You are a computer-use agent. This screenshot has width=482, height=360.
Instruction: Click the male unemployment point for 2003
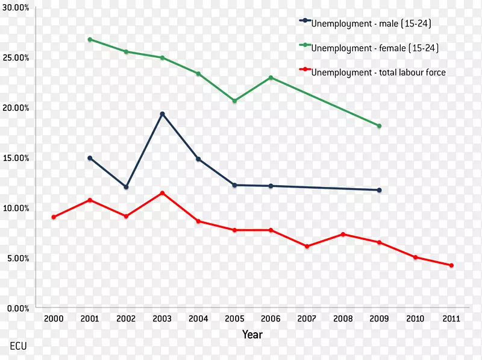(162, 114)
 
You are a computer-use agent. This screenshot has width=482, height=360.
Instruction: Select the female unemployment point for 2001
(90, 39)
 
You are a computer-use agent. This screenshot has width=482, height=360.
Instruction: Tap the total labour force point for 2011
(451, 265)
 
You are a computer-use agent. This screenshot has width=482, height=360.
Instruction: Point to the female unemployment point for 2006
(271, 78)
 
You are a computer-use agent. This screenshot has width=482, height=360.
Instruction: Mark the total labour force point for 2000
(54, 217)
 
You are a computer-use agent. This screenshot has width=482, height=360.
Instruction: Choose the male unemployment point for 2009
(379, 190)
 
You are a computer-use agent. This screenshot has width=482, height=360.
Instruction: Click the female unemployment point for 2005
(234, 101)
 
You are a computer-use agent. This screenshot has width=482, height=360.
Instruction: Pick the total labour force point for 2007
(307, 246)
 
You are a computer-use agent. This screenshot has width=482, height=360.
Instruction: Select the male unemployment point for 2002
(126, 187)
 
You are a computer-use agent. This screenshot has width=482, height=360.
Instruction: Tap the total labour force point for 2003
(162, 193)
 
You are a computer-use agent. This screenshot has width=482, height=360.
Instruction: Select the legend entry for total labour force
(378, 72)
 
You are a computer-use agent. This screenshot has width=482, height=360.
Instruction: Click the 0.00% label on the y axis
(18, 308)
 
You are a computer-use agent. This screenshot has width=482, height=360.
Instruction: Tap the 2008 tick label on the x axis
(343, 318)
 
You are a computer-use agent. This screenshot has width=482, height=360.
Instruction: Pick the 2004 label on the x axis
(198, 318)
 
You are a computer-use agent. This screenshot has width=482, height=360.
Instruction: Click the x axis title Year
(252, 334)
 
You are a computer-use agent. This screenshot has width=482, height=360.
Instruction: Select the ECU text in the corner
(18, 346)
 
